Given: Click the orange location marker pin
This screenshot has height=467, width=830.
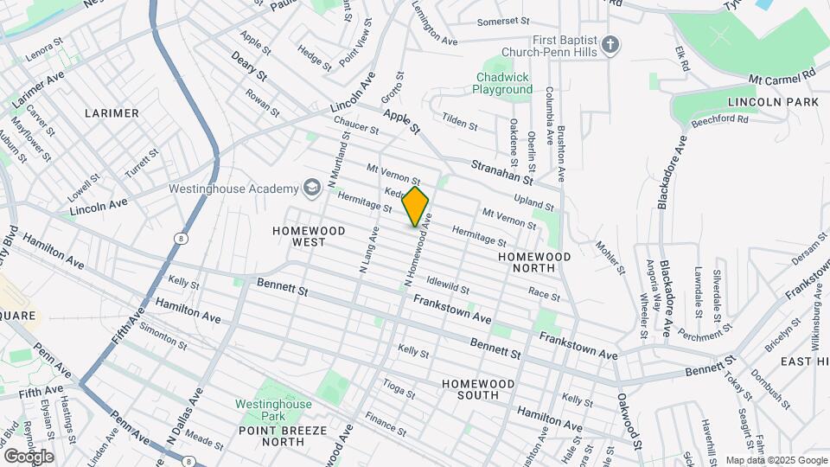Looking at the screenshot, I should (x=416, y=207).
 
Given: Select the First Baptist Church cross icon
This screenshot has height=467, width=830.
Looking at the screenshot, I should (x=610, y=45).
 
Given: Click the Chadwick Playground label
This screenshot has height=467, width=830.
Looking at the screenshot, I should (x=504, y=83).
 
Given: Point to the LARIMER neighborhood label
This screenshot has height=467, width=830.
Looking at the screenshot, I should (x=112, y=113).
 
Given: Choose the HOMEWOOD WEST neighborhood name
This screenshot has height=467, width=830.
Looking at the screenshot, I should (x=309, y=236).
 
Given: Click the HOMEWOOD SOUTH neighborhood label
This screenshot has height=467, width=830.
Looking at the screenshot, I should (x=470, y=388).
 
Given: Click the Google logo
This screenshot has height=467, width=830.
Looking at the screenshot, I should (x=28, y=456).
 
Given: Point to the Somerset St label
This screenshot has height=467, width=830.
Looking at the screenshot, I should (x=503, y=22).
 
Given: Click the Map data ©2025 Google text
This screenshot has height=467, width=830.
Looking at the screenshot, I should (x=775, y=460).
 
